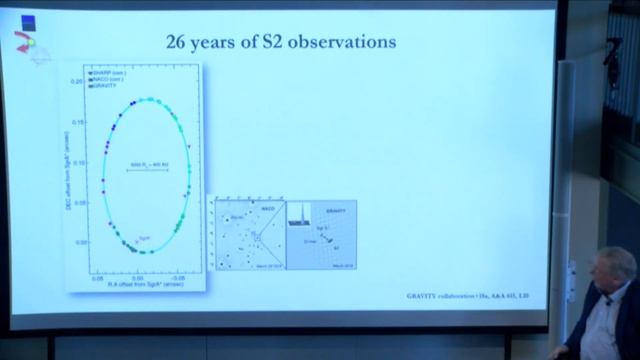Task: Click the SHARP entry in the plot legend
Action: click(x=107, y=73)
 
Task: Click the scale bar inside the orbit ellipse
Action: click(x=145, y=171)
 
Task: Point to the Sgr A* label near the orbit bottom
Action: click(x=144, y=237)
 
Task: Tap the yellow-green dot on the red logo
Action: click(x=30, y=42)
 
